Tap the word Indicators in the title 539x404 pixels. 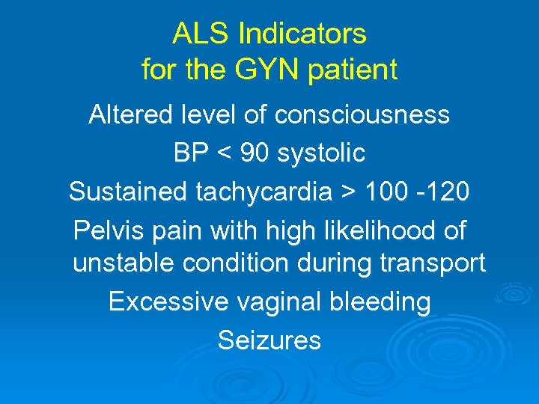point(302,34)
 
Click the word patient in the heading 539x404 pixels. point(357,70)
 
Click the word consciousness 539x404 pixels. point(362,114)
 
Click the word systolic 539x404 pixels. point(321,153)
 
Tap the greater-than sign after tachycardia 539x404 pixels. point(348,192)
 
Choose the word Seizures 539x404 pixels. point(269,340)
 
